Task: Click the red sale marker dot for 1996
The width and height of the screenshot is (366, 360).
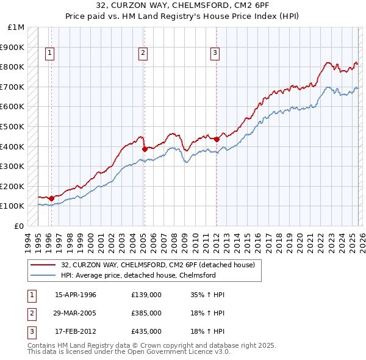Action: (51, 198)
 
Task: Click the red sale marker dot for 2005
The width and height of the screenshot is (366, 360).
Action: (145, 149)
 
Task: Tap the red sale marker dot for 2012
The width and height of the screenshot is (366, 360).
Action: (217, 139)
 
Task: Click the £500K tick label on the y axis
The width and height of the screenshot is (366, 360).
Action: (12, 127)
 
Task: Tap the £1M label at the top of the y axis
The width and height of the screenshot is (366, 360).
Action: (16, 27)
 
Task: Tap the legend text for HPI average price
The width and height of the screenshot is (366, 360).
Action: (138, 275)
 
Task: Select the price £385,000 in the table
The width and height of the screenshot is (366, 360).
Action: (146, 313)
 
